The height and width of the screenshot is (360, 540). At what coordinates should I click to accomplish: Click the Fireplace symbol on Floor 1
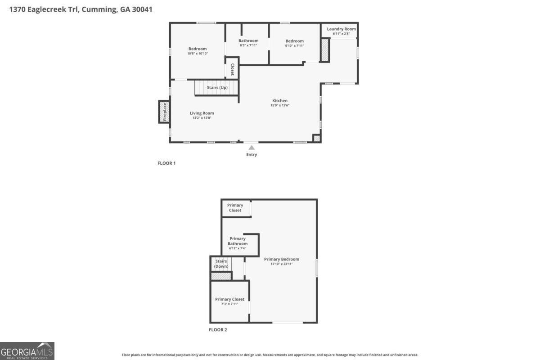click(x=164, y=112)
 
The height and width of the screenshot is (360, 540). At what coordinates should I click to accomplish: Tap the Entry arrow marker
click(x=252, y=147)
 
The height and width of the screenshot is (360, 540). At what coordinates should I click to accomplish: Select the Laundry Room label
click(x=341, y=29)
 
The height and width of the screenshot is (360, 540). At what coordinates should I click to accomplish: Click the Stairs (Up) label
click(x=217, y=87)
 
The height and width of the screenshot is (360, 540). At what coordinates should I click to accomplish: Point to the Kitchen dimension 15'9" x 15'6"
click(x=279, y=105)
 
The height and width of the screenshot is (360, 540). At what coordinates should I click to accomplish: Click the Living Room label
click(x=202, y=113)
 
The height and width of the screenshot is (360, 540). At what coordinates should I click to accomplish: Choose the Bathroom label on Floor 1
click(x=248, y=40)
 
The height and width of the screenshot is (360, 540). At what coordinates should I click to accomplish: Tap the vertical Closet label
click(x=232, y=69)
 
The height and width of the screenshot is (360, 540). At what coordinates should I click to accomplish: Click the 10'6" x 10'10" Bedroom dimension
click(x=198, y=54)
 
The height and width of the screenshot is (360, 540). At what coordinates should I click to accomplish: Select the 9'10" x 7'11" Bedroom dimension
click(x=294, y=45)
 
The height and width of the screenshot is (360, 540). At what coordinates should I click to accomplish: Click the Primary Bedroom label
click(x=281, y=259)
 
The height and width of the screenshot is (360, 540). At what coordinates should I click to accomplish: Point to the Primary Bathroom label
click(x=237, y=241)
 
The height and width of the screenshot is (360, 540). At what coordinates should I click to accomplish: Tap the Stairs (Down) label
click(x=221, y=264)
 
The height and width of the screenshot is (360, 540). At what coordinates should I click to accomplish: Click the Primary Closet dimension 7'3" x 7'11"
click(x=229, y=304)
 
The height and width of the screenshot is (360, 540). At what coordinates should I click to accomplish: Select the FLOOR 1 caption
click(x=166, y=163)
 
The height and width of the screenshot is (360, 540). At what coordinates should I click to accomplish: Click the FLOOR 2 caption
click(x=218, y=330)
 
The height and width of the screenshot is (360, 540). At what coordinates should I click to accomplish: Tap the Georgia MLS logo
click(x=27, y=351)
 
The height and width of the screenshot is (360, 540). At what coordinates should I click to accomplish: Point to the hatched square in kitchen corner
click(x=317, y=139)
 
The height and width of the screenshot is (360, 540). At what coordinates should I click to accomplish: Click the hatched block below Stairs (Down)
click(x=221, y=276)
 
